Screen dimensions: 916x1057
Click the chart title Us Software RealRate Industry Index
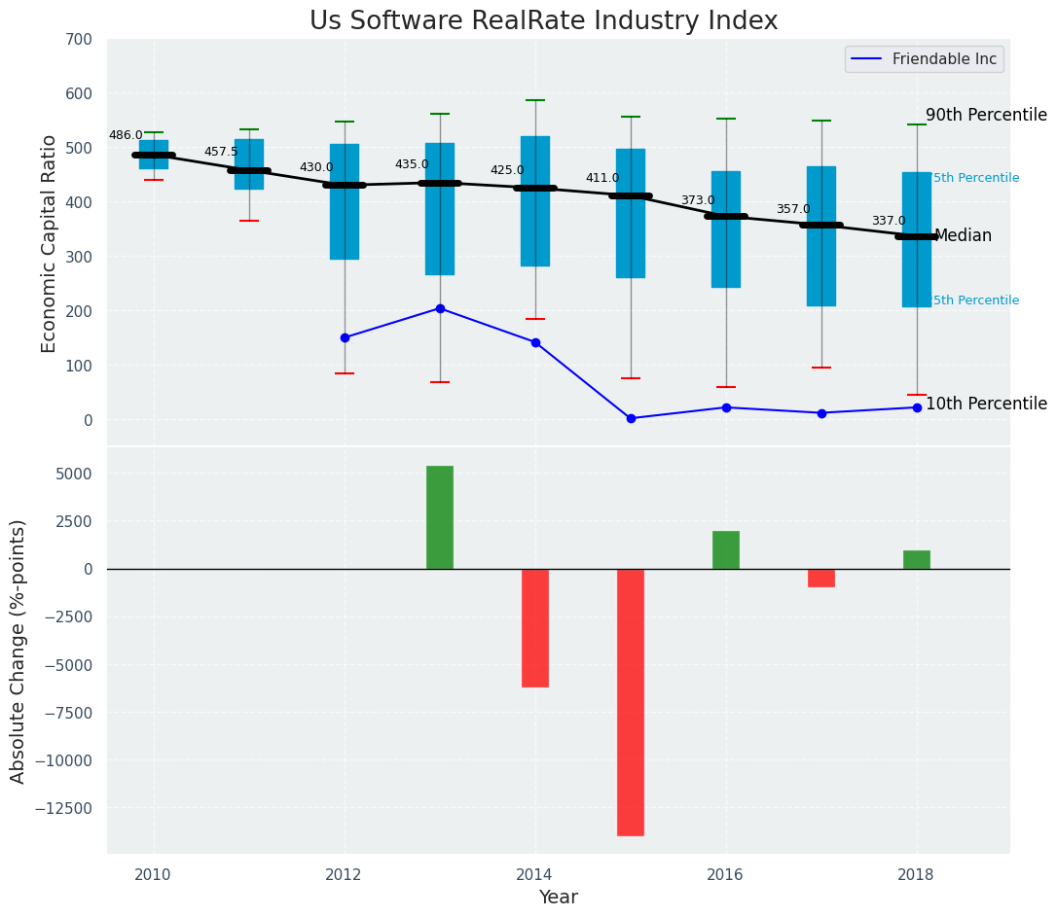543,21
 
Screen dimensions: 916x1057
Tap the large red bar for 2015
631,701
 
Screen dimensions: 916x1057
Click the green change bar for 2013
440,517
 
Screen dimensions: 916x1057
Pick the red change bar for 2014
535,627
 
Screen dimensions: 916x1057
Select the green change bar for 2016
726,549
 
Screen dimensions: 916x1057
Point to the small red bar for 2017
821,578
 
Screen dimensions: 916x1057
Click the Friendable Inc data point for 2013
440,308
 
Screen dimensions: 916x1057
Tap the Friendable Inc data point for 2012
345,337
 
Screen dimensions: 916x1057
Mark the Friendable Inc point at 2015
631,418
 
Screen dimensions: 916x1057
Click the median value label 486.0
126,135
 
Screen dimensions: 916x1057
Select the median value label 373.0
698,200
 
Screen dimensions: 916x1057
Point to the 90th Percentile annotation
986,115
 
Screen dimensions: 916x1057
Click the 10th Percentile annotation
986,404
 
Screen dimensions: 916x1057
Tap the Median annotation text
963,236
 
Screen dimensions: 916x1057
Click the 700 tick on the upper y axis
79,39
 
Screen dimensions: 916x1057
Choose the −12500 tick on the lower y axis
65,808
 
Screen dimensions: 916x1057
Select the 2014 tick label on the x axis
534,874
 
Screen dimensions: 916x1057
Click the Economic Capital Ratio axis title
50,242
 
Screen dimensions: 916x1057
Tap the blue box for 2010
154,155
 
